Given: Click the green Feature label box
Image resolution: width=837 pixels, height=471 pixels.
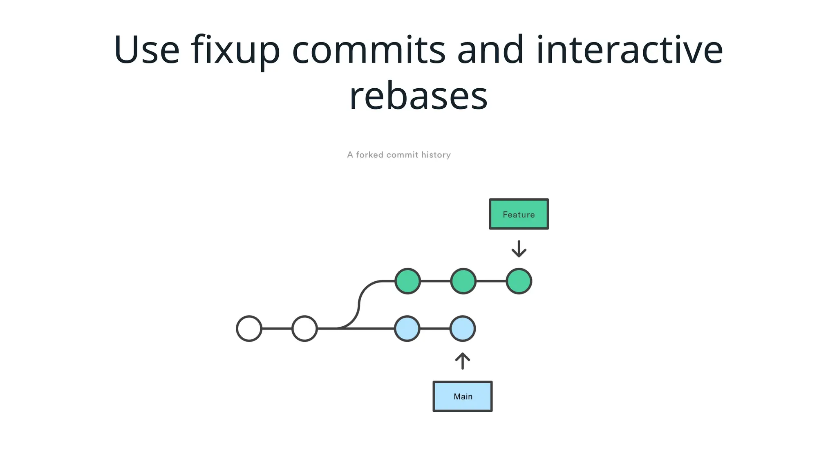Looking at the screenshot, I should point(519,214).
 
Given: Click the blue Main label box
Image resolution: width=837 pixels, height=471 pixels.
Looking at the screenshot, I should point(462,396).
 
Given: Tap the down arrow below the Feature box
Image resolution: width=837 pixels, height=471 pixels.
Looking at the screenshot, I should point(519,249).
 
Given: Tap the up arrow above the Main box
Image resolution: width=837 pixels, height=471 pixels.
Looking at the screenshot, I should point(462,361).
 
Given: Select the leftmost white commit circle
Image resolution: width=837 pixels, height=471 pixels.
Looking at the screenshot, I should point(249,328).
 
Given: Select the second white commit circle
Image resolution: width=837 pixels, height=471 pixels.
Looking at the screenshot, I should point(304,328).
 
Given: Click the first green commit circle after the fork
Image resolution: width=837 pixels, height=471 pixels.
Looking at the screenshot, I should point(407,281).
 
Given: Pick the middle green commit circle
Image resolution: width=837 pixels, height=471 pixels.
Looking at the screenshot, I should point(463,281).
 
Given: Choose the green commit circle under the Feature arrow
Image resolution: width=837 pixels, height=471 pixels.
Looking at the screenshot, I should point(519,281).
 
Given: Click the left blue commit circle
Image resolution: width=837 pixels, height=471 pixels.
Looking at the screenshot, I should point(407,328).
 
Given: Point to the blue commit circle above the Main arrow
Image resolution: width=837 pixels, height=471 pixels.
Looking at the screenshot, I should point(462,328).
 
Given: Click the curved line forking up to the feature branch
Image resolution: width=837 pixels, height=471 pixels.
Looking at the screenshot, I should point(359,305).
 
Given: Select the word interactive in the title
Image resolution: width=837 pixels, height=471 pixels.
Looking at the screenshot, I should point(629,50).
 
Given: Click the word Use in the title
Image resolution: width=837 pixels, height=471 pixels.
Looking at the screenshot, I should point(146,50).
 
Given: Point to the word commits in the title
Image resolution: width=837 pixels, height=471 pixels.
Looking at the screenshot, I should point(368,50).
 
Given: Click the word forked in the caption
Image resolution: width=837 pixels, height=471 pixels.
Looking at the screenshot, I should point(369,155).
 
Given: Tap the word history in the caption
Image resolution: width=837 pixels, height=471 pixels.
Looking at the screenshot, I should point(436,155).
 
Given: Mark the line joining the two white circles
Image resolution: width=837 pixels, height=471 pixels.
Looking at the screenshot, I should point(277,328).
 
